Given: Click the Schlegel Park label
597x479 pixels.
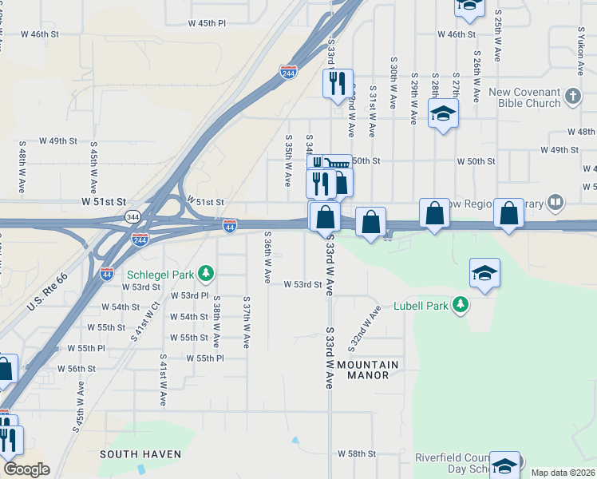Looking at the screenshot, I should pos(160,275).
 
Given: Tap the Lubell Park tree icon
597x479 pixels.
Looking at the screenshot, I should pos(460,305).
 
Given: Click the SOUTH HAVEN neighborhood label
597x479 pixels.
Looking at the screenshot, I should pos(140,454).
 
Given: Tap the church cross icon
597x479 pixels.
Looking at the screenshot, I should pos(572,97).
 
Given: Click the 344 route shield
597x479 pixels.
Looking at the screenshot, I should pos(133,216).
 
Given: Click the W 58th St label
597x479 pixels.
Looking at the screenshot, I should pos(356,453).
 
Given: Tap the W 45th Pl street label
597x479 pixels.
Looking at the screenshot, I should pos(208,23).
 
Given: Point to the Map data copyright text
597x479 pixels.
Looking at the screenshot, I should pos(563,473).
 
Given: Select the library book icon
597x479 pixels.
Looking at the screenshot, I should pos(555,203).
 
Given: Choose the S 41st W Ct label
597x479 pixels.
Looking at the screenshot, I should pos(144,323).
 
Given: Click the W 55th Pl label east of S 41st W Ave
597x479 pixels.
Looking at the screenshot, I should pos(205,358).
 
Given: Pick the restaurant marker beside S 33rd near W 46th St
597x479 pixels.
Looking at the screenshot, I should pos(337,82).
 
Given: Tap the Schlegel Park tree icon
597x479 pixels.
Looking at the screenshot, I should pos(206,275).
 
